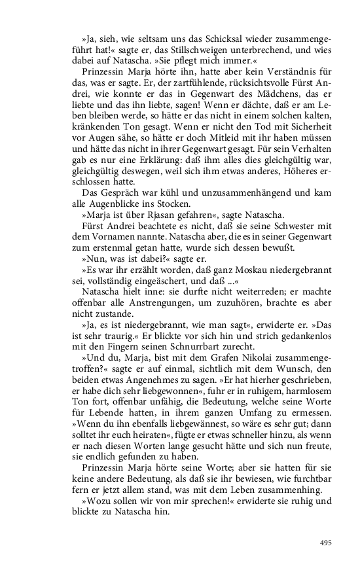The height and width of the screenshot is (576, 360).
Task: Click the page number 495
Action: [x=326, y=543]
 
